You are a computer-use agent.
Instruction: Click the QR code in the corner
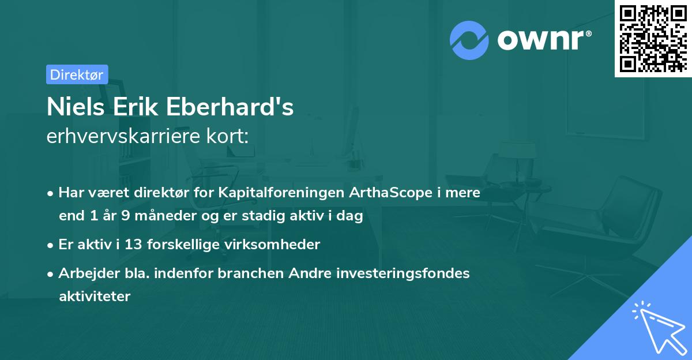pyautogui.click(x=653, y=38)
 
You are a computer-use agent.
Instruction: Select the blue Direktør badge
pyautogui.click(x=77, y=74)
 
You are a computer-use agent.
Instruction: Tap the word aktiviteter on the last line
pyautogui.click(x=95, y=297)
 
